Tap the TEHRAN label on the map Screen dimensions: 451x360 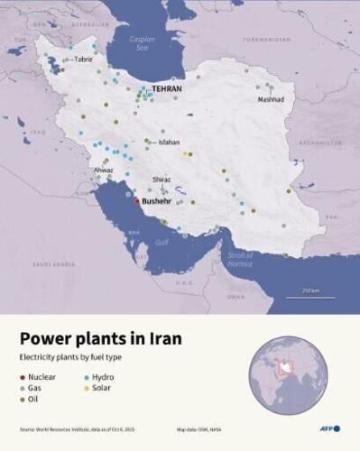[167, 90]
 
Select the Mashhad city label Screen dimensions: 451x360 [270, 99]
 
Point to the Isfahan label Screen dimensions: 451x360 [169, 143]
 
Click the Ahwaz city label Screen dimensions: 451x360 [103, 170]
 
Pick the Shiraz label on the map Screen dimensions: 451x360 [162, 180]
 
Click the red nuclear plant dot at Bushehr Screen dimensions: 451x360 [136, 201]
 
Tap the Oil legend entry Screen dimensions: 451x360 [32, 398]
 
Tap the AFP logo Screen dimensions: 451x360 [332, 428]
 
